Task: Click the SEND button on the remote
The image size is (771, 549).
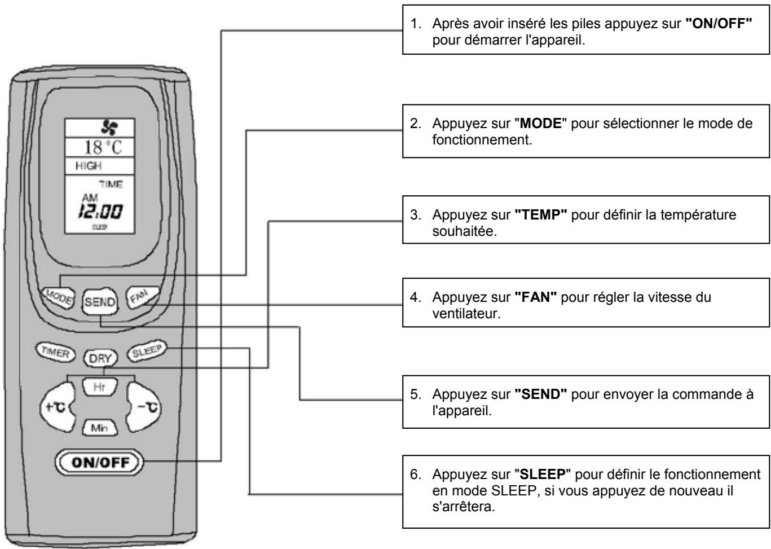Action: point(100,302)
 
